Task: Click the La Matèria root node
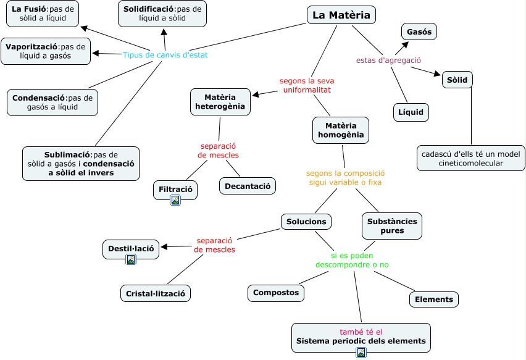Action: pyautogui.click(x=341, y=15)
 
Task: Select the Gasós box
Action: pyautogui.click(x=419, y=31)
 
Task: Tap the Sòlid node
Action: pyautogui.click(x=457, y=80)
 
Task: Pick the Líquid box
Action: pyautogui.click(x=411, y=112)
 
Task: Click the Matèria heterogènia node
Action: pyautogui.click(x=220, y=102)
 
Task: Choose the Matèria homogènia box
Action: pyautogui.click(x=340, y=130)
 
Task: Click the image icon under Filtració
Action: pyautogui.click(x=175, y=200)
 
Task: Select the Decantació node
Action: pyautogui.click(x=247, y=186)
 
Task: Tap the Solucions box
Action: pyautogui.click(x=307, y=221)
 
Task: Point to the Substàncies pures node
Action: pyautogui.click(x=392, y=226)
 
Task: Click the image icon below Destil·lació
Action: pyautogui.click(x=131, y=259)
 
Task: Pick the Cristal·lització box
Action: pyautogui.click(x=155, y=293)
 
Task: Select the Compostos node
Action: pyautogui.click(x=276, y=293)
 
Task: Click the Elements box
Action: pyautogui.click(x=434, y=299)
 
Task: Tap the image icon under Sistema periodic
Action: pyautogui.click(x=361, y=353)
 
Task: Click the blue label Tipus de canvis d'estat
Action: pyautogui.click(x=165, y=55)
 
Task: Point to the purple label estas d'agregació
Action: pyautogui.click(x=388, y=61)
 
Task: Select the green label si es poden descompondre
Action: pyautogui.click(x=352, y=260)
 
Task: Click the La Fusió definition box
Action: pyautogui.click(x=43, y=14)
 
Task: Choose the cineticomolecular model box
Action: pyautogui.click(x=470, y=159)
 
